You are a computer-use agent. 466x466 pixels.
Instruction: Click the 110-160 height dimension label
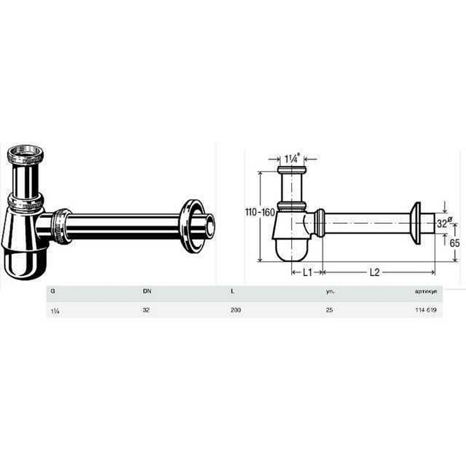pos(260,212)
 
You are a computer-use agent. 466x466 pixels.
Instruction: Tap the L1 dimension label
pos(307,273)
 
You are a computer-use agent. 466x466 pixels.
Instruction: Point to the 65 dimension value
pos(455,242)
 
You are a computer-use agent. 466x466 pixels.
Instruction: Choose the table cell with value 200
pos(235,310)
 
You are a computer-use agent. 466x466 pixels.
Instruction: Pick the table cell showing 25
pos(329,310)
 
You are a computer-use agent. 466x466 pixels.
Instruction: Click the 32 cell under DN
pos(145,310)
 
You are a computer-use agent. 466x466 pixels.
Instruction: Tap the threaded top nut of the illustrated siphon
pos(26,153)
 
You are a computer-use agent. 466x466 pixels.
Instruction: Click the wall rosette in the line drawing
pos(416,223)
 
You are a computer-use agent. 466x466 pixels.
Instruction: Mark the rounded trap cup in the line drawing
pos(291,249)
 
